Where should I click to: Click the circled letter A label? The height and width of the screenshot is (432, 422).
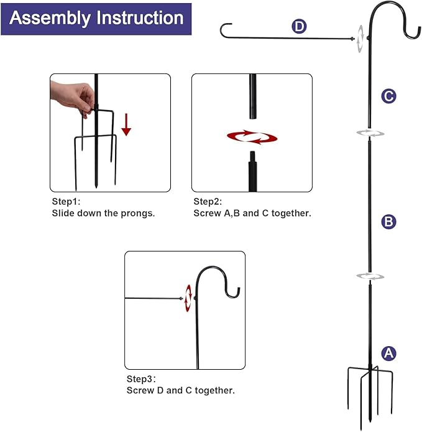[388, 353]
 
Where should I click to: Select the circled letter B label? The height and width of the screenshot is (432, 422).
[388, 222]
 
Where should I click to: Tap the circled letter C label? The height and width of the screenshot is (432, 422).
[388, 96]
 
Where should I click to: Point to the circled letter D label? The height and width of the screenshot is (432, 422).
[300, 26]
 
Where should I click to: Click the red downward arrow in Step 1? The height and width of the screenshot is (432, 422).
[126, 124]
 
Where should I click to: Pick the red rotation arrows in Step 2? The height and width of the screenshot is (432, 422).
[252, 136]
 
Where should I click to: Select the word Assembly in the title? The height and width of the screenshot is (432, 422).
[50, 18]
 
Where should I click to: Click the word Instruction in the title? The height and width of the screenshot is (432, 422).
[140, 18]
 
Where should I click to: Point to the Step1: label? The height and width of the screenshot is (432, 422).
[66, 202]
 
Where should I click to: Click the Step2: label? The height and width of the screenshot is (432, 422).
[208, 202]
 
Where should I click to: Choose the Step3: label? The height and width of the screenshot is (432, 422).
[142, 379]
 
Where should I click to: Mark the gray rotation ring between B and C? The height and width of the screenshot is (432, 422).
[369, 133]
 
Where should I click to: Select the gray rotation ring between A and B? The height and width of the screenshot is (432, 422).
[369, 276]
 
